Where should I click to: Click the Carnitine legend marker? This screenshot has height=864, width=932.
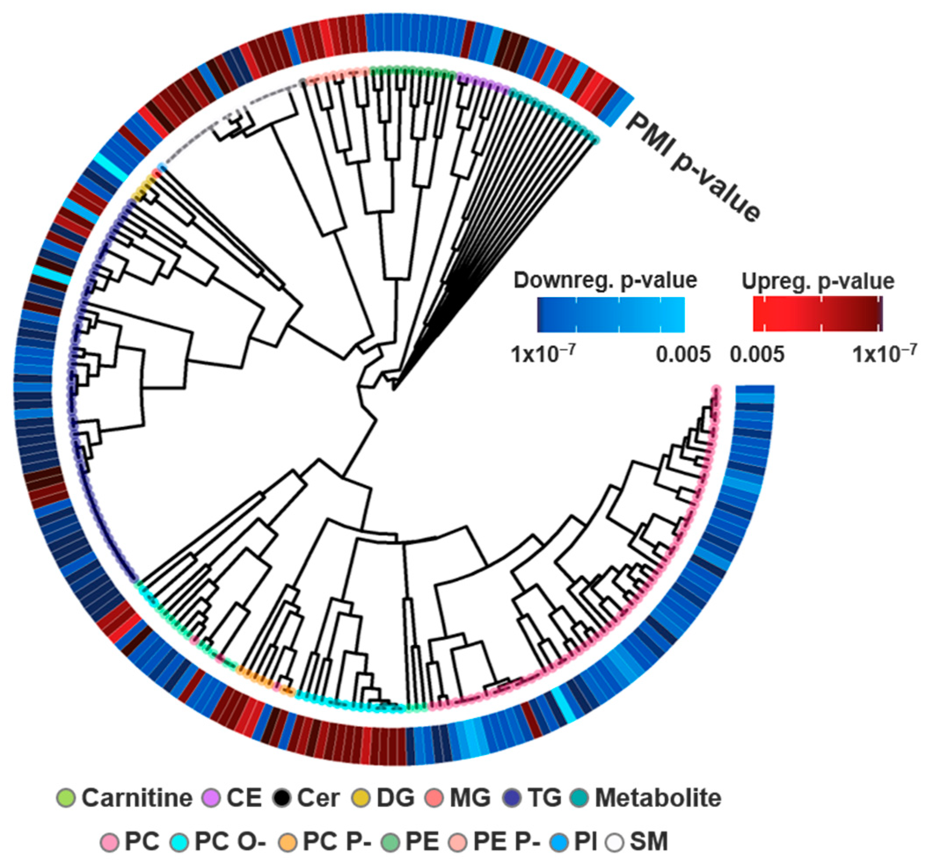[x=66, y=798]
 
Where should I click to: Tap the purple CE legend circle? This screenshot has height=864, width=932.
[x=211, y=798]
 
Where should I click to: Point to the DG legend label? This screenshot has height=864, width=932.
[x=396, y=798]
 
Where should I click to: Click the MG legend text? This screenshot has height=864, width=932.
[x=470, y=798]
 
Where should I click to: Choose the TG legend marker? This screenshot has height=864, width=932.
[x=513, y=798]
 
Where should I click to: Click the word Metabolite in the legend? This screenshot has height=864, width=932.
[x=658, y=798]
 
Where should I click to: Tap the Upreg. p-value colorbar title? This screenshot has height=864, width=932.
[x=818, y=281]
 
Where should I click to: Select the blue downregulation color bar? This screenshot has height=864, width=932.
[x=611, y=315]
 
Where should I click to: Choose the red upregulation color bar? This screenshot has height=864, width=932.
[x=817, y=315]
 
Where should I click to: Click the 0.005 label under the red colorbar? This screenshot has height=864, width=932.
[x=757, y=355]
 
